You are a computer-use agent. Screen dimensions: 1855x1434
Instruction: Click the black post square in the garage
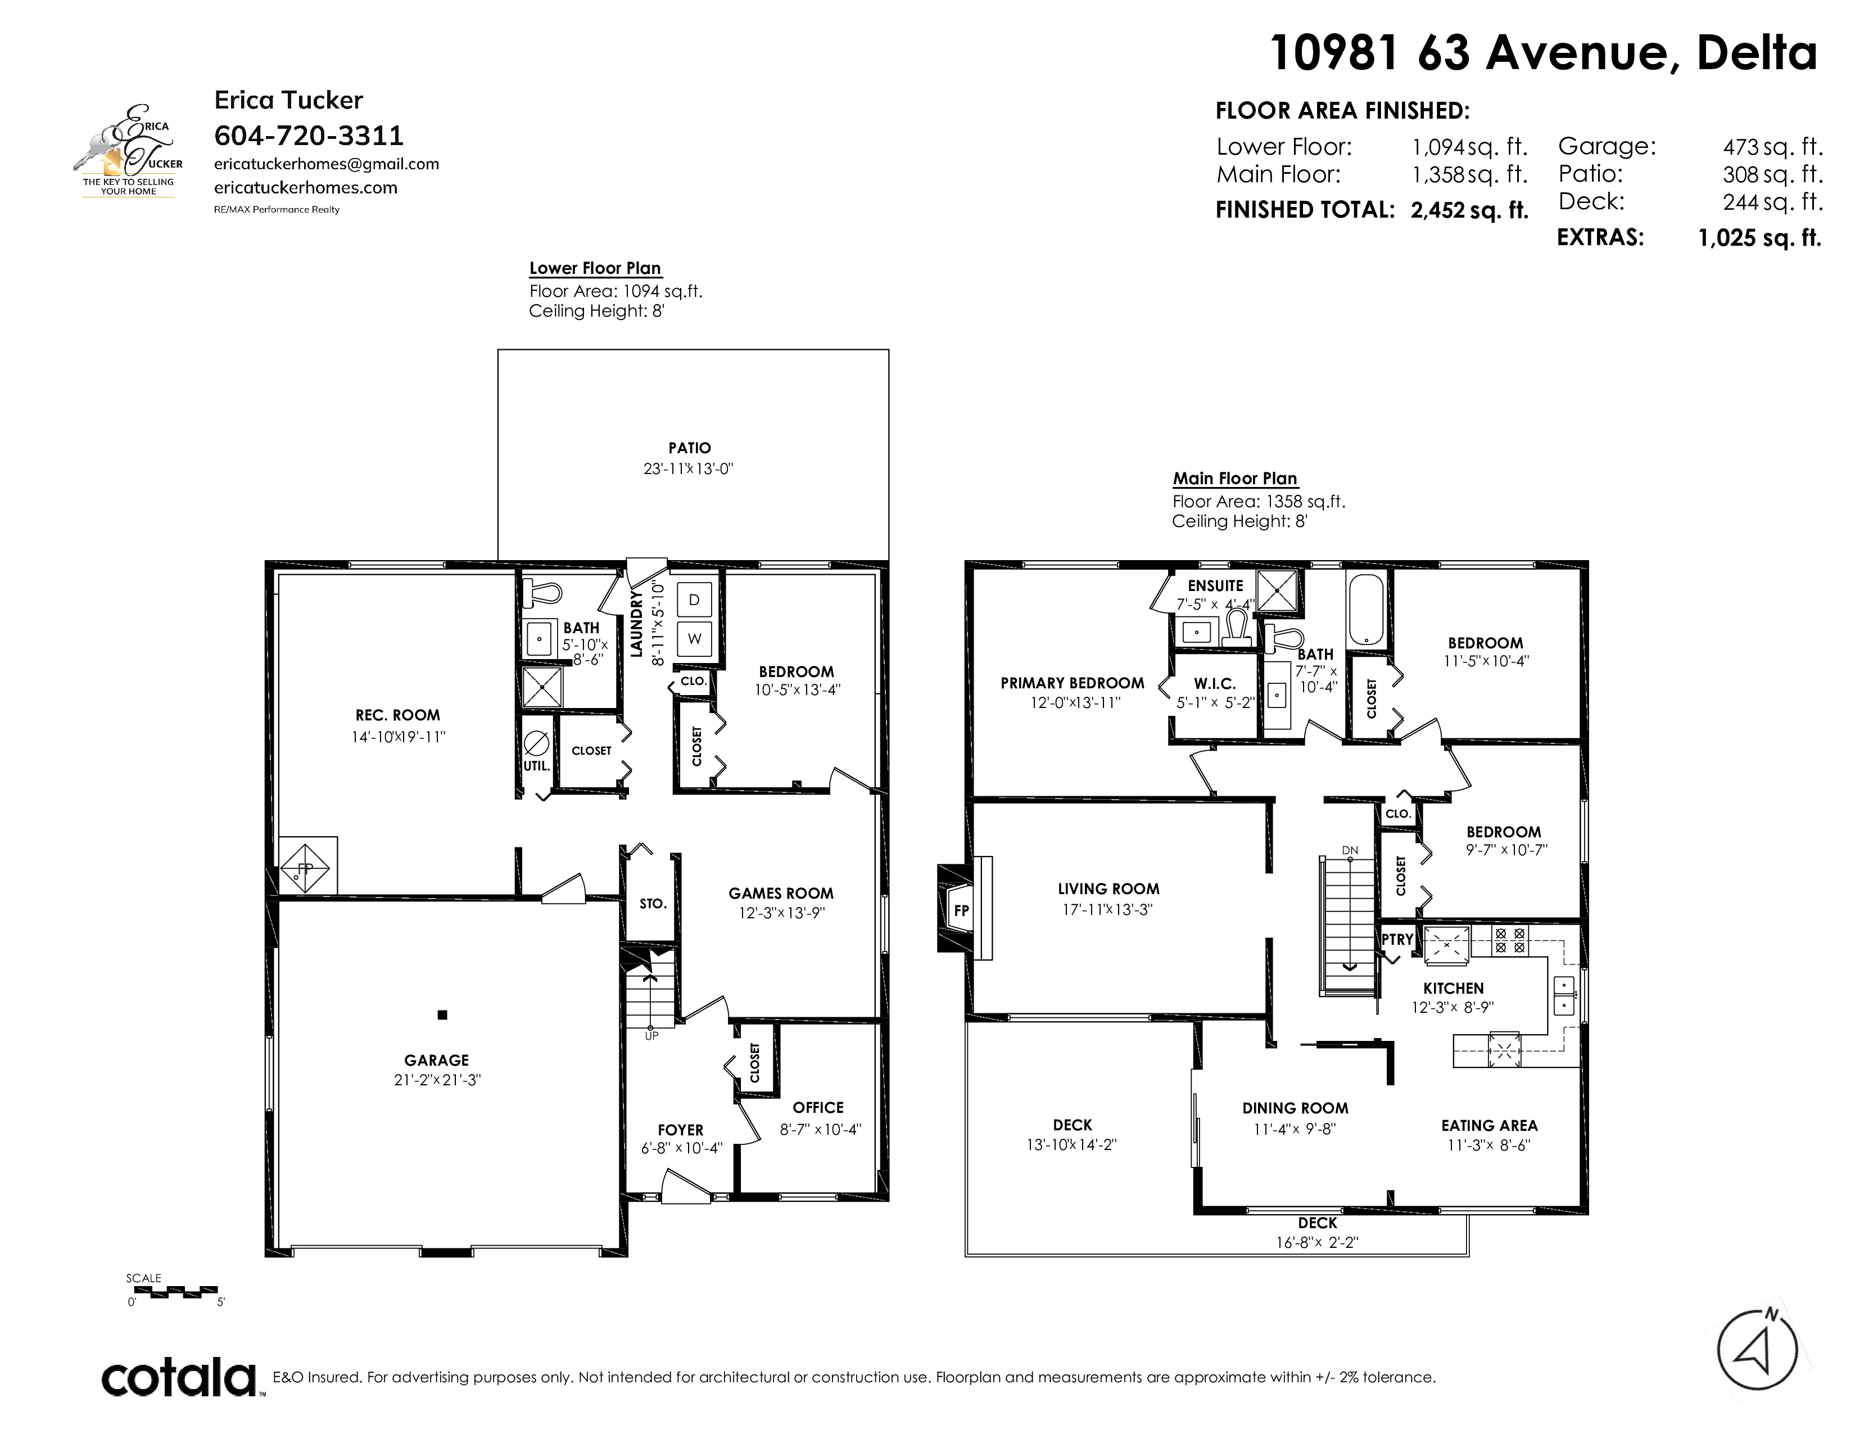(442, 1014)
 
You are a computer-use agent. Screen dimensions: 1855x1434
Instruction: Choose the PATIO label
(690, 448)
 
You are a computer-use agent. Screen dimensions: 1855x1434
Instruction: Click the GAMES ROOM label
(781, 893)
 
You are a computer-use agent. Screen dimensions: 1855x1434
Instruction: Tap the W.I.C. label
(1215, 684)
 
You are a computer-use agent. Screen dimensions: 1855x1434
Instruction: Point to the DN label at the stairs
(1350, 850)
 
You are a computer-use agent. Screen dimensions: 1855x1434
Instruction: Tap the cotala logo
(180, 1377)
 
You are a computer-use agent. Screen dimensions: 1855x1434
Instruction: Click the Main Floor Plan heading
(1235, 479)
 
